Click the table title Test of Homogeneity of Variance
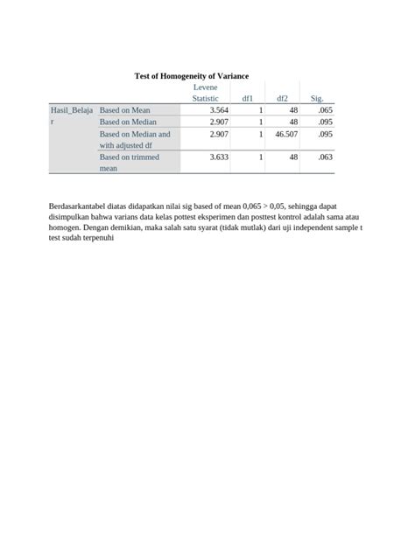point(191,76)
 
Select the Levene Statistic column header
point(206,93)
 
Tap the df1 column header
point(248,98)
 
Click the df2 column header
point(282,98)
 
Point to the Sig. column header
point(317,98)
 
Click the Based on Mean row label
point(125,110)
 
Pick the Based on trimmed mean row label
point(130,162)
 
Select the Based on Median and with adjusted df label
point(135,140)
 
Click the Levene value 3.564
point(219,110)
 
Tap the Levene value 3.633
point(219,157)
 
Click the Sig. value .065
point(326,110)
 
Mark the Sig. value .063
point(326,157)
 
